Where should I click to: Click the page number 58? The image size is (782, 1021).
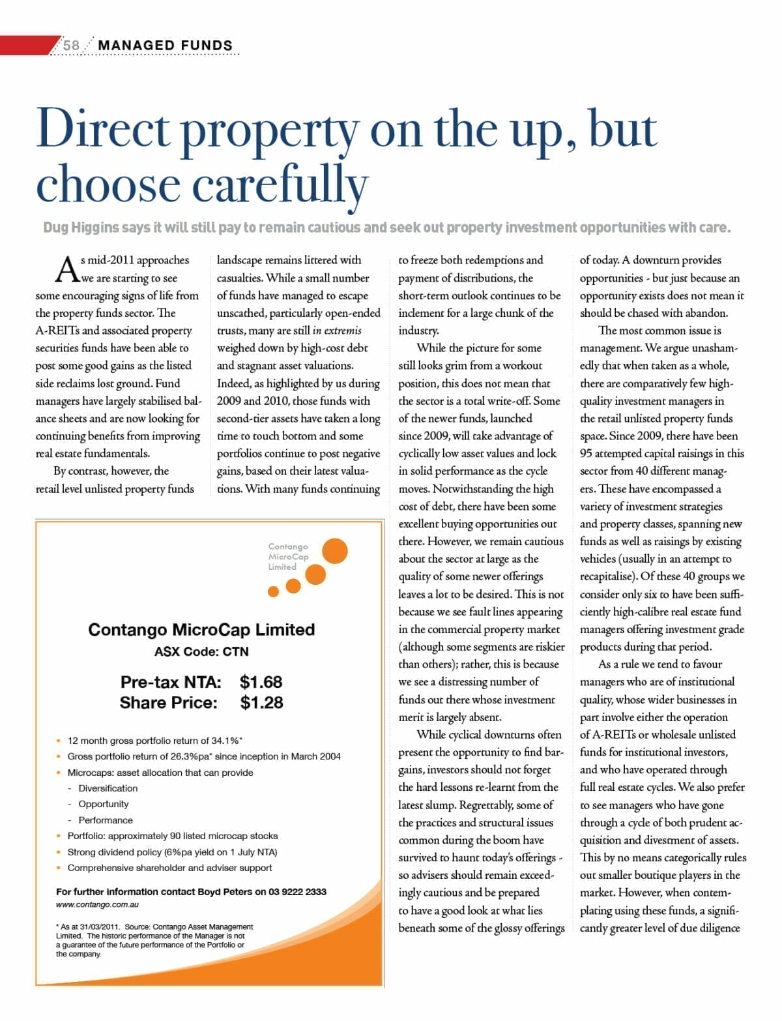click(x=71, y=45)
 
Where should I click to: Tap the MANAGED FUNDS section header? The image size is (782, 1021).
click(x=165, y=45)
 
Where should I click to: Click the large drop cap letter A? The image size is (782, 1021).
click(x=66, y=269)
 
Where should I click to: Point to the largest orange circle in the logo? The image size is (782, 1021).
click(x=335, y=551)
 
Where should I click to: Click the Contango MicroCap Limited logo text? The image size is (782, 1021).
click(x=288, y=557)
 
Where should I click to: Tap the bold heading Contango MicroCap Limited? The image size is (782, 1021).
click(x=201, y=630)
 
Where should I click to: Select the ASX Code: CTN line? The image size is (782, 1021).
click(x=201, y=651)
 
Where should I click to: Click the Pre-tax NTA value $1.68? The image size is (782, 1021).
click(x=261, y=682)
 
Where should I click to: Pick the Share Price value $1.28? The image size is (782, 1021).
click(x=261, y=703)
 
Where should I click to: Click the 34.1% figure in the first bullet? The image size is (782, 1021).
click(x=224, y=741)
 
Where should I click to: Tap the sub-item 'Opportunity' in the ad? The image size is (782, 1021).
click(x=104, y=804)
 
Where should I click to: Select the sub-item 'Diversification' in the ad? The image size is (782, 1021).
click(x=108, y=788)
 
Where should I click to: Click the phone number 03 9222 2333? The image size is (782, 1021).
click(x=297, y=891)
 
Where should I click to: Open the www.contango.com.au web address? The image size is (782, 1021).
click(x=97, y=905)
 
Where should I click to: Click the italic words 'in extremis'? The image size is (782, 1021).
click(x=337, y=331)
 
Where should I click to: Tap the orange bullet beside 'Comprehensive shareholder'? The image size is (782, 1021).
click(x=59, y=868)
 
